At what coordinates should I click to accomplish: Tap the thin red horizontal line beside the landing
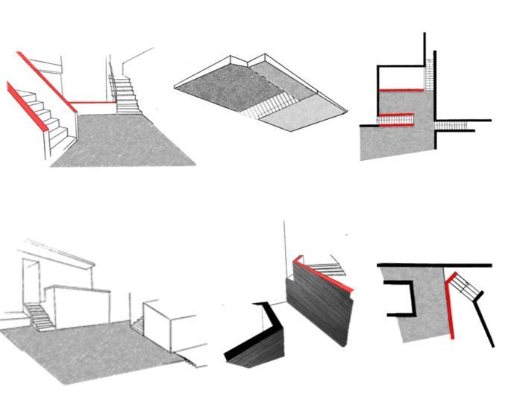click(90, 103)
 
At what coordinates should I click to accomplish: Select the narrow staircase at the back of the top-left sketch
click(126, 93)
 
